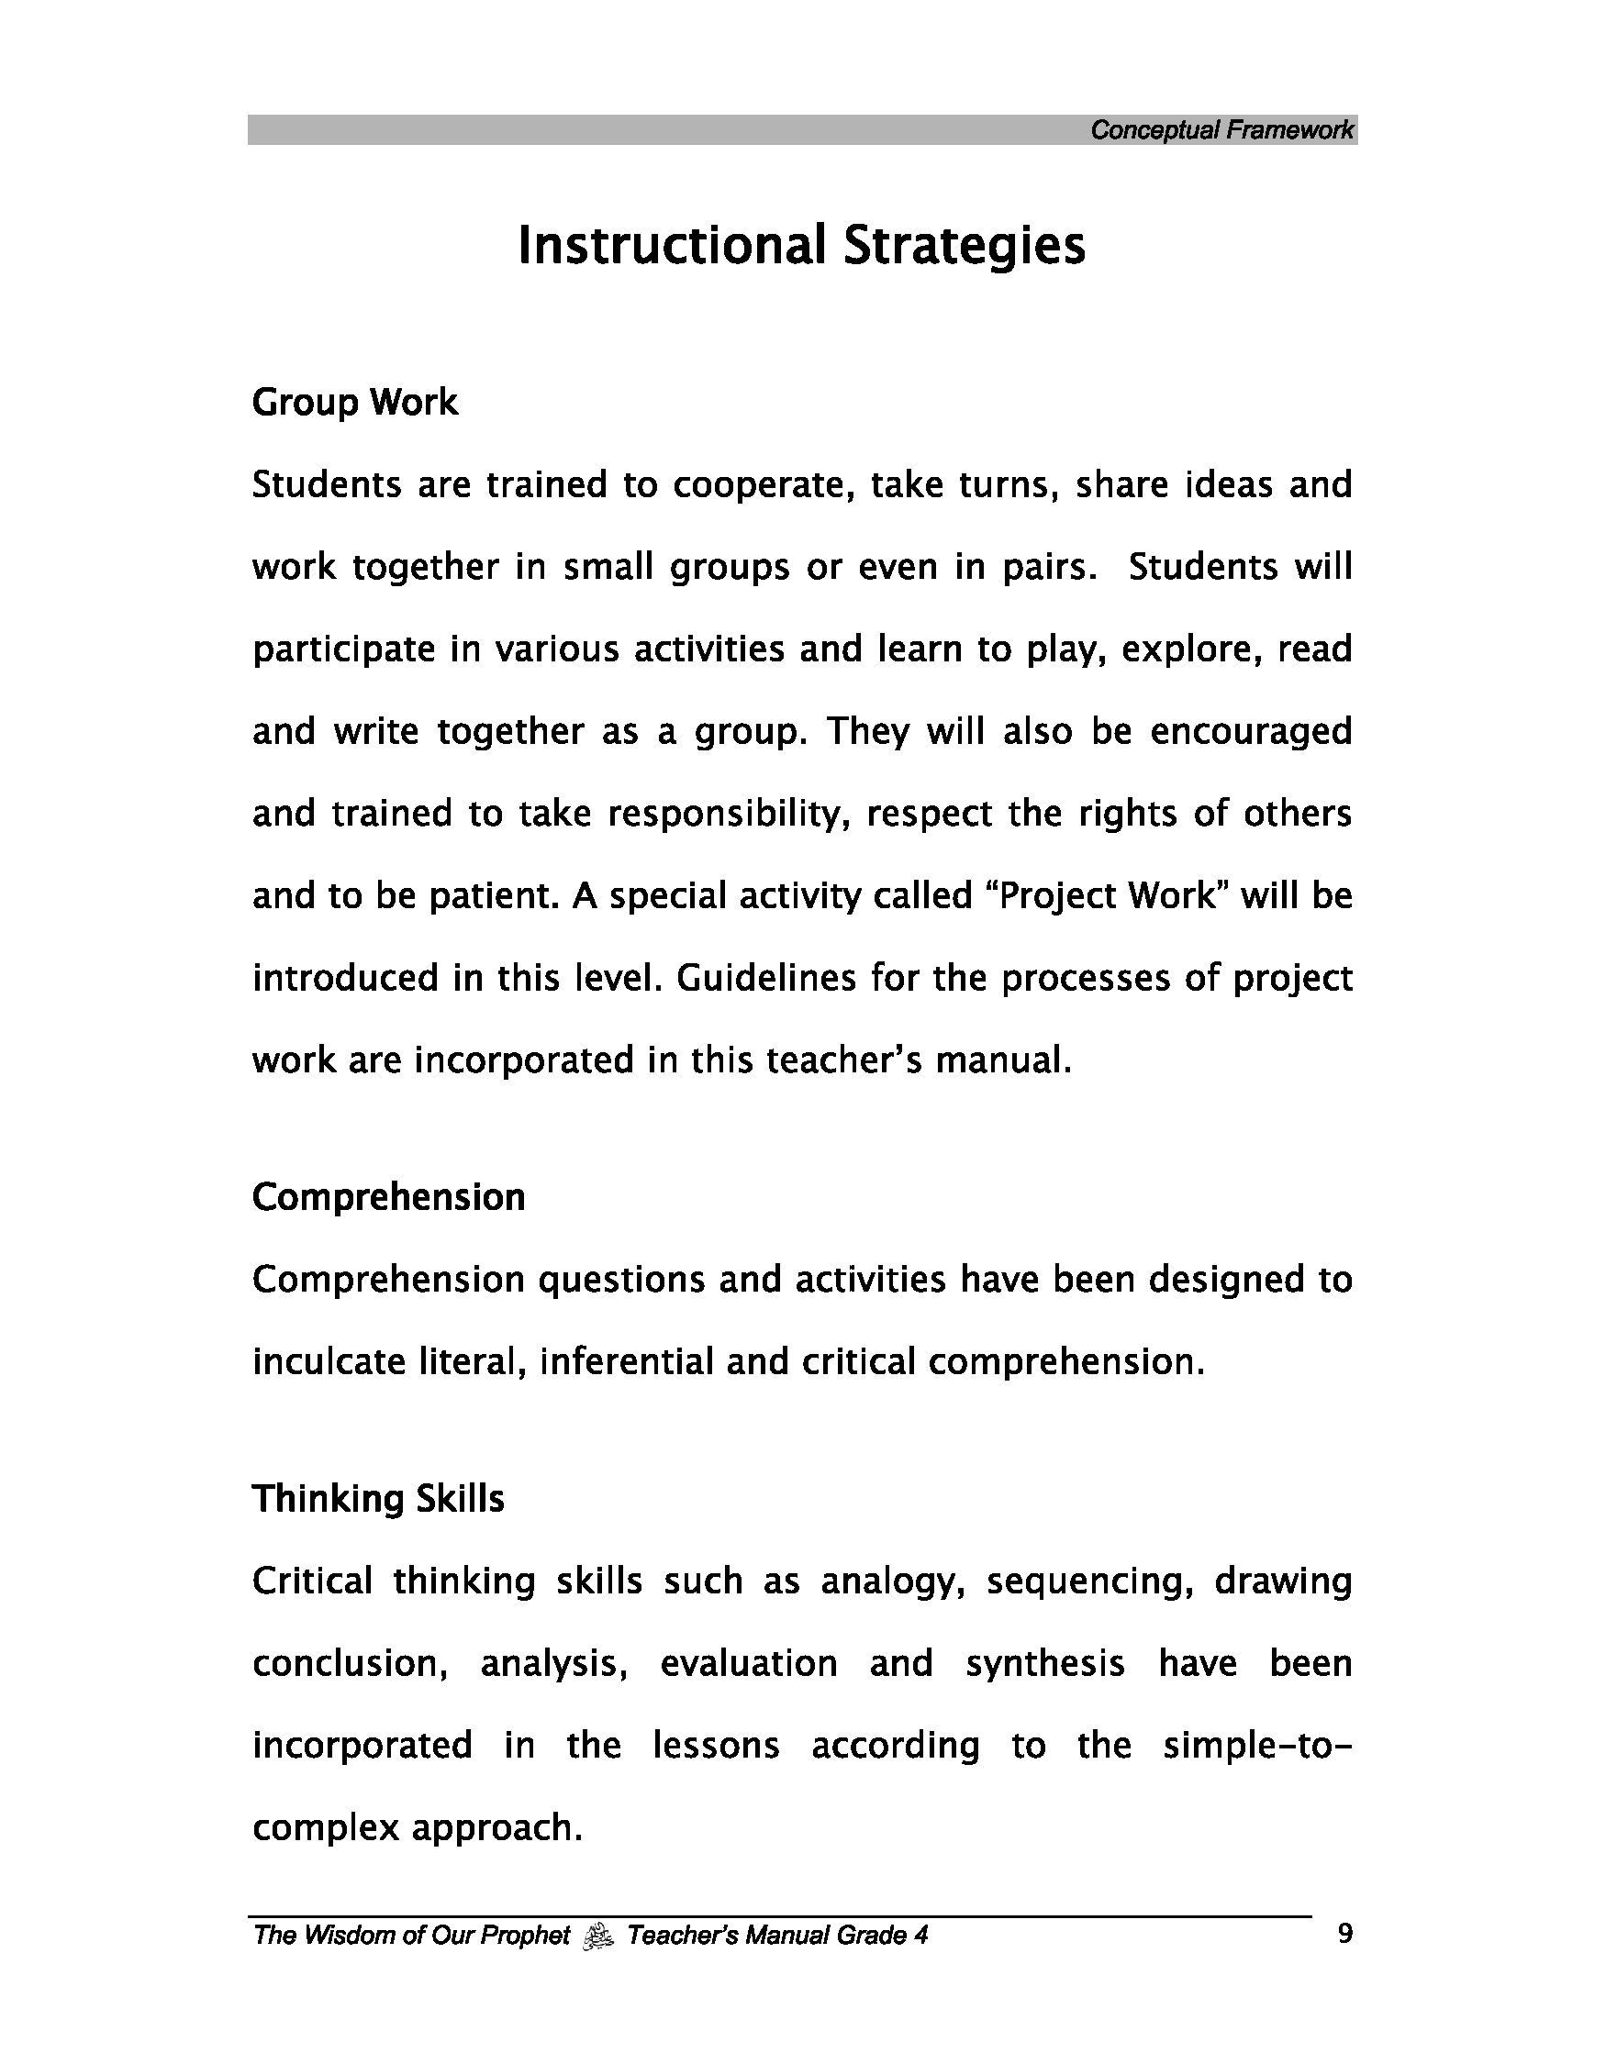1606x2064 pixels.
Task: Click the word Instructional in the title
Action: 671,246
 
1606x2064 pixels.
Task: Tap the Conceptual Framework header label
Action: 1221,130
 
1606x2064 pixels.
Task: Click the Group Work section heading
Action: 354,404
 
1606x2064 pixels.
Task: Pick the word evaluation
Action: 749,1664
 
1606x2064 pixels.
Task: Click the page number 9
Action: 1345,1936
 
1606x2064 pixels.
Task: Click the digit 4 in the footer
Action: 920,1936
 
